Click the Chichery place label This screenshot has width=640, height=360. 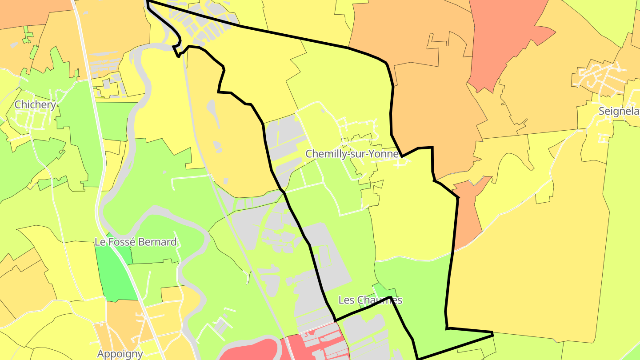pyautogui.click(x=35, y=105)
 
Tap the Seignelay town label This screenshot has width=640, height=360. pyautogui.click(x=619, y=111)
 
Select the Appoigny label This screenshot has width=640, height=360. pyautogui.click(x=120, y=354)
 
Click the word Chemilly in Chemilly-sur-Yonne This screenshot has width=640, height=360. pyautogui.click(x=323, y=154)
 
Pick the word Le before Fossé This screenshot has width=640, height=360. pyautogui.click(x=100, y=242)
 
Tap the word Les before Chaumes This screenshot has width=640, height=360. pyautogui.click(x=347, y=300)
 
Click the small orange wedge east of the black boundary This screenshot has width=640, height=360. pyautogui.click(x=469, y=213)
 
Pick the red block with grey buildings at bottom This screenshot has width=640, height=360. pyautogui.click(x=316, y=344)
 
